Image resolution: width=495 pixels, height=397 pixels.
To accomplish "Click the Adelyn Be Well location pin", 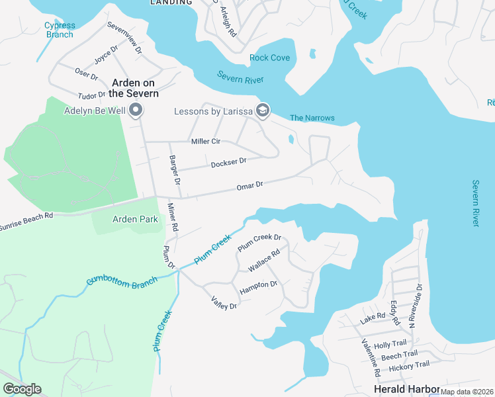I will (136, 110).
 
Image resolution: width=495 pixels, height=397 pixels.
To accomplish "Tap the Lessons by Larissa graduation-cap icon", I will (263, 111).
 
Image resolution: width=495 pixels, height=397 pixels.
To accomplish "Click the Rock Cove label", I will (269, 58).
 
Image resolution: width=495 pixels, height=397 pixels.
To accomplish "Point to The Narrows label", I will (312, 118).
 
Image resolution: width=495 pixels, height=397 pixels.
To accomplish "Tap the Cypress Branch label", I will (60, 30).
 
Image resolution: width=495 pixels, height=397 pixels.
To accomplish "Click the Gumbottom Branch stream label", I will (122, 281).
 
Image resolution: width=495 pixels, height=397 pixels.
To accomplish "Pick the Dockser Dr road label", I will (228, 162).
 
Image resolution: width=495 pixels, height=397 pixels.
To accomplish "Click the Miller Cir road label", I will (205, 142).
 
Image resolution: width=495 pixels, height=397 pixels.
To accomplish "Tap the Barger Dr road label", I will (175, 170).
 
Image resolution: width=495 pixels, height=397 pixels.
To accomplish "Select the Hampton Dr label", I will (258, 285).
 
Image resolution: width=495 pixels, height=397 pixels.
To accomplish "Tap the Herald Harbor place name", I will (406, 389).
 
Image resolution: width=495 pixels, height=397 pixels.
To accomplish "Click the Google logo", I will (22, 388).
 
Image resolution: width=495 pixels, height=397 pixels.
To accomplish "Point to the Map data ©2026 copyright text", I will (467, 392).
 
